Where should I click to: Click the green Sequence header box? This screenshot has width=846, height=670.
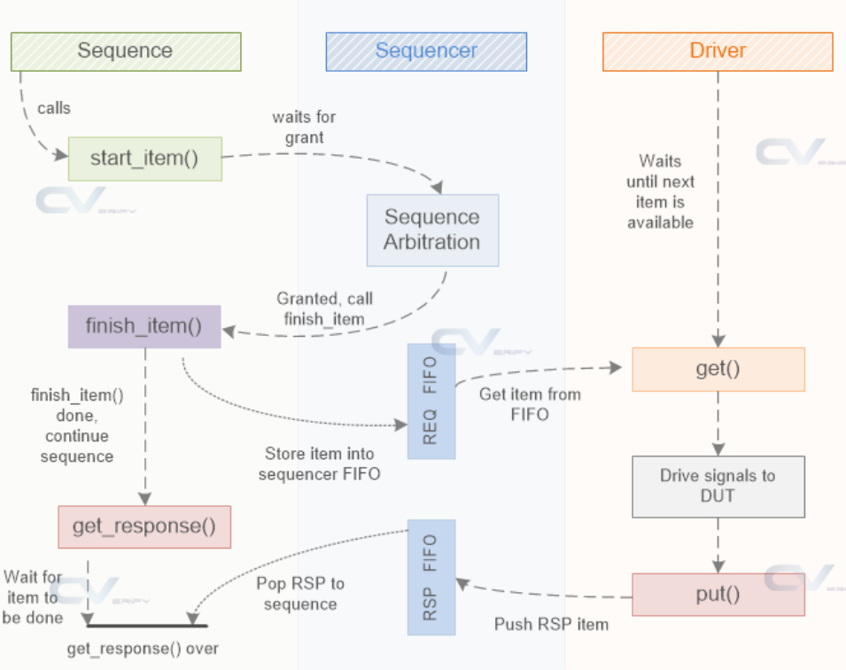click(x=127, y=51)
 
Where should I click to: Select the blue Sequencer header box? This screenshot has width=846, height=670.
click(x=426, y=51)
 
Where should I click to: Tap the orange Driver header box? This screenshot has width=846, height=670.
click(x=718, y=51)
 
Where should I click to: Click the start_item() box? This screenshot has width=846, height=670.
click(x=145, y=159)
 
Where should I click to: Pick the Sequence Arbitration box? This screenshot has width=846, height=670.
click(x=432, y=230)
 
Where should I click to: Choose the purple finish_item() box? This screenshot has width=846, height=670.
click(x=144, y=327)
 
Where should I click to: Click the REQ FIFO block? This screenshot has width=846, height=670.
click(x=431, y=401)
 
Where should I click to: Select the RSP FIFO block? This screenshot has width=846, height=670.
click(x=431, y=577)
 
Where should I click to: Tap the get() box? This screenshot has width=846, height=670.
click(x=718, y=370)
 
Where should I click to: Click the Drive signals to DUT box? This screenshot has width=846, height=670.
click(x=718, y=487)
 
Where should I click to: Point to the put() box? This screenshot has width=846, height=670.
click(x=718, y=595)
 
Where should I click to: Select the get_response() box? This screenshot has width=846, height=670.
click(x=144, y=527)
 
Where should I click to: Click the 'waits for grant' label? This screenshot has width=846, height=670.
click(x=305, y=127)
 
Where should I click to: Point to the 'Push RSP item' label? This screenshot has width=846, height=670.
click(x=551, y=625)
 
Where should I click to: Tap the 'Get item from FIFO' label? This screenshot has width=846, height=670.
click(x=530, y=404)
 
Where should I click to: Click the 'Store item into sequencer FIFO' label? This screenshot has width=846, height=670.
click(x=320, y=464)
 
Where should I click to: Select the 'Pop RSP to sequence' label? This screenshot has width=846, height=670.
click(x=300, y=593)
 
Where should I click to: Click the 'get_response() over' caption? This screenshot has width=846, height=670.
click(x=143, y=649)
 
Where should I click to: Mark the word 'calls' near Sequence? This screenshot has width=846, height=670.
click(x=54, y=108)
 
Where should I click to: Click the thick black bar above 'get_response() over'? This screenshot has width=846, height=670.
click(x=147, y=626)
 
